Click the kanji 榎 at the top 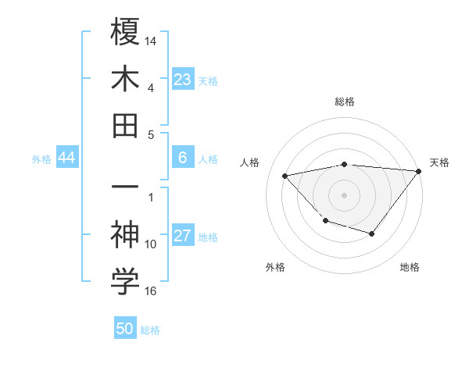click(x=125, y=34)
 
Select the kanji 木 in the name click(x=125, y=79)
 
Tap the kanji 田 click(x=125, y=125)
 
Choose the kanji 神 click(x=125, y=235)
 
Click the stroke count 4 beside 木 click(x=150, y=89)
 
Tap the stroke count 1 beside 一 click(x=151, y=197)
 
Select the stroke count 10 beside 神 click(x=151, y=244)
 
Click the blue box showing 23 click(x=183, y=79)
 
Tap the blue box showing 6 click(x=183, y=158)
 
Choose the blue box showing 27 click(x=183, y=236)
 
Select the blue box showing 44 click(x=66, y=158)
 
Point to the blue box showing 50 click(x=125, y=329)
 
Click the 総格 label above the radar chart click(x=345, y=102)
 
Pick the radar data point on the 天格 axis click(x=418, y=171)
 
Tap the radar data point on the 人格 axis click(x=285, y=175)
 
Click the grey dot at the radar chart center click(x=344, y=194)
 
